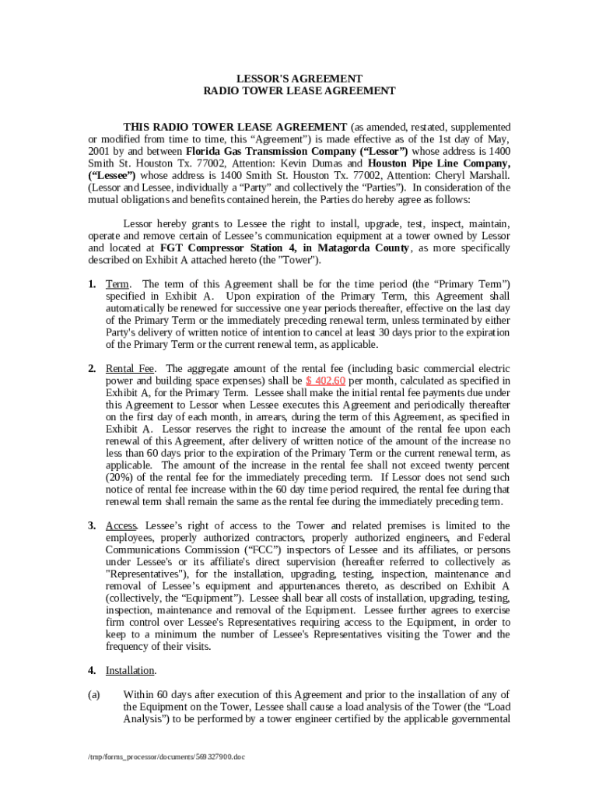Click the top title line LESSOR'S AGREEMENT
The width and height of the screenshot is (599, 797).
[x=299, y=79]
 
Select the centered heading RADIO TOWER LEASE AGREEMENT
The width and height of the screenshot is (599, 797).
[x=299, y=91]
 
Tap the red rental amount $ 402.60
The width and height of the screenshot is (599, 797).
[x=325, y=381]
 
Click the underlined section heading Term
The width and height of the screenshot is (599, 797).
[x=117, y=283]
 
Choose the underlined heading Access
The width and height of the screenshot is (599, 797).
[x=121, y=525]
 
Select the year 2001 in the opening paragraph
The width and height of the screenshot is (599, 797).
[x=100, y=150]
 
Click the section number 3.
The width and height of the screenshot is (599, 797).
[x=91, y=525]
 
